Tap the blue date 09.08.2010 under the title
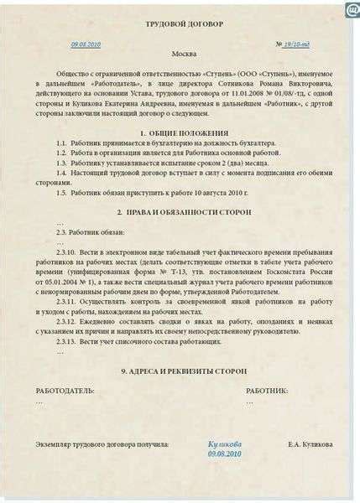click(86, 43)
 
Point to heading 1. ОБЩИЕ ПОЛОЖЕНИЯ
click(183, 134)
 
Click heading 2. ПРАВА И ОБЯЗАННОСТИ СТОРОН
click(184, 212)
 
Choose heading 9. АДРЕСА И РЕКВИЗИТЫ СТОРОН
click(184, 371)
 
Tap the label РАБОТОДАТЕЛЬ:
click(65, 392)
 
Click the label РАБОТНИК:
click(267, 392)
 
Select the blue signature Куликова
click(224, 443)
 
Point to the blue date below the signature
click(224, 454)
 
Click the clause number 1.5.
click(62, 192)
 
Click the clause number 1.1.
click(62, 144)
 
